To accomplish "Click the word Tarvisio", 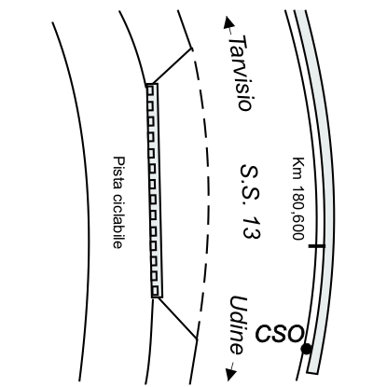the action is tap(241, 73).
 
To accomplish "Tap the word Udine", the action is tap(239, 325).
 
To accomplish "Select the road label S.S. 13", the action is tap(250, 201).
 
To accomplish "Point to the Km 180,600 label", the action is tap(298, 199).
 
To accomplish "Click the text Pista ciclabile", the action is tap(118, 202).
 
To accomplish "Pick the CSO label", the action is tap(279, 333).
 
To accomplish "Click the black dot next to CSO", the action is tap(306, 349).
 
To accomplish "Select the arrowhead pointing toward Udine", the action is tap(231, 374).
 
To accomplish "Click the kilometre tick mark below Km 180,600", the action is tap(317, 246).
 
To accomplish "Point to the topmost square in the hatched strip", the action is tap(150, 90).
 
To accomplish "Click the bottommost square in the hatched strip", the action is tap(156, 292).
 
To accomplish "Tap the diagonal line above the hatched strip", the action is tap(169, 66).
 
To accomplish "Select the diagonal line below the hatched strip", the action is tap(178, 318).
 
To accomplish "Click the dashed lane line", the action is tap(206, 193).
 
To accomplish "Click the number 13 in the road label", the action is tap(251, 227).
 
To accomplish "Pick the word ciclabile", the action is tap(117, 221).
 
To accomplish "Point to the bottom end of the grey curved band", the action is tap(312, 371).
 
